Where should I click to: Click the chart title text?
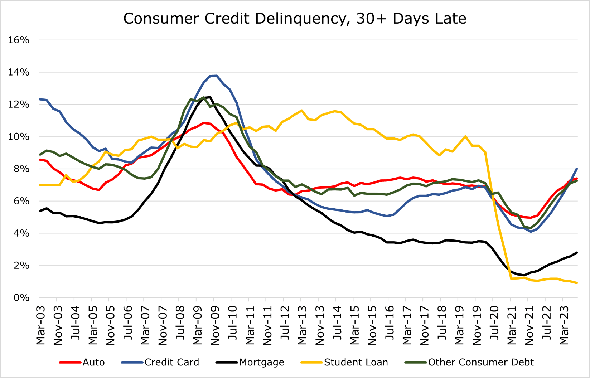(295, 19)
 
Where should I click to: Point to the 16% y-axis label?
(19, 40)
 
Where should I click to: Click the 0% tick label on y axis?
(21, 298)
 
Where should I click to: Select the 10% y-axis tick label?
(19, 137)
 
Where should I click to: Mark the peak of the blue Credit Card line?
(216, 76)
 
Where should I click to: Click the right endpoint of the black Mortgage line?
(577, 253)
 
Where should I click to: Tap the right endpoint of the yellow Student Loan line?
(577, 283)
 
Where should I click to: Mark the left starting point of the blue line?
(40, 99)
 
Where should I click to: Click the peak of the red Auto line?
(204, 123)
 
